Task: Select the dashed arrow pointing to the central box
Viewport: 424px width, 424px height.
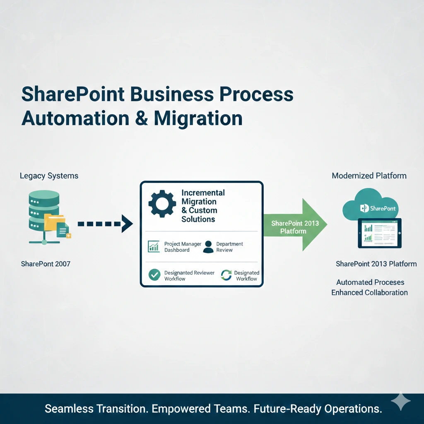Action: tap(105, 224)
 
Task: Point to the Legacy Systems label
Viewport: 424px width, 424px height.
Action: tap(49, 176)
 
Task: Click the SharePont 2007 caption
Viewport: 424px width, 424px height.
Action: tap(46, 264)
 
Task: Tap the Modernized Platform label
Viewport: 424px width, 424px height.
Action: tap(369, 176)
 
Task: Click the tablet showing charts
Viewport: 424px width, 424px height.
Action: tap(380, 233)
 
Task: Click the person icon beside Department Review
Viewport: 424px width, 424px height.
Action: tap(209, 247)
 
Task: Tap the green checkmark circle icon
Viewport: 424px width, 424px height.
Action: tap(154, 275)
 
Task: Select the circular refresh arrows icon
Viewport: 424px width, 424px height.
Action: tap(226, 275)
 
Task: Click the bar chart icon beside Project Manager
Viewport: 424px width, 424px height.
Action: tap(154, 247)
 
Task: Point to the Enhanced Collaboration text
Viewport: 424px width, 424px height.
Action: tap(369, 293)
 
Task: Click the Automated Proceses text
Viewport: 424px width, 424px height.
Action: tap(370, 282)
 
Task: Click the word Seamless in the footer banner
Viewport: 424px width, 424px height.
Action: tap(70, 409)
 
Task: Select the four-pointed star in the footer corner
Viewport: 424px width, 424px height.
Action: tap(400, 402)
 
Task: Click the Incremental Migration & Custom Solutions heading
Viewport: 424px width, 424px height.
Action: tap(203, 206)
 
